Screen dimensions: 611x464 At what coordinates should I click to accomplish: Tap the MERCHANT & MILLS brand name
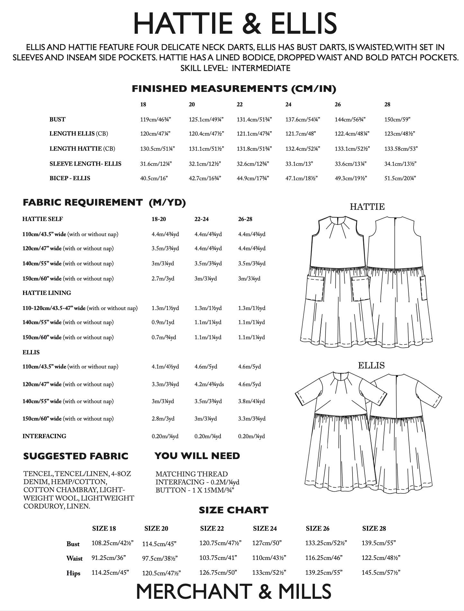coord(234,591)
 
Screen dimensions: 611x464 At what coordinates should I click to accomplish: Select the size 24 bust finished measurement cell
coord(302,120)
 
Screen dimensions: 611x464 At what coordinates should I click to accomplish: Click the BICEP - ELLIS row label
coord(70,178)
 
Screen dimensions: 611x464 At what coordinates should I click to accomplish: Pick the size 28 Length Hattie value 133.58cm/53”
coord(401,149)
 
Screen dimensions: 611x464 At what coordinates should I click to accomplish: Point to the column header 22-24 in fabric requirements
coord(201,219)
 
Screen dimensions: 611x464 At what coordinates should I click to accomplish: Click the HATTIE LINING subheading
coord(47,293)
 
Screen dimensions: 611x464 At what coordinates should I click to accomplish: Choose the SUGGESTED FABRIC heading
coord(76,456)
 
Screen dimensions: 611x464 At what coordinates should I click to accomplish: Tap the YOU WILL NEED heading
coord(197,456)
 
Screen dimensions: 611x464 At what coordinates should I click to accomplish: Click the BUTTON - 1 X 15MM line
coord(195,490)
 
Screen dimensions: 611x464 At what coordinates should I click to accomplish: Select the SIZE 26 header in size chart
coord(317,528)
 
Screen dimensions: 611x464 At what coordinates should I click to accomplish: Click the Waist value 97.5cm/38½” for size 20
coord(160,559)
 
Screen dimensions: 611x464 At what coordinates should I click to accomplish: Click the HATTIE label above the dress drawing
coord(367,207)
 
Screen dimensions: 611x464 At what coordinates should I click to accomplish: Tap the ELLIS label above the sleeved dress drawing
coord(371,366)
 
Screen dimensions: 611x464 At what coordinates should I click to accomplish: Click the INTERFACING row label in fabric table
coord(44,436)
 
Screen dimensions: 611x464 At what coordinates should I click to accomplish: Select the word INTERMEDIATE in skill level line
coord(261,68)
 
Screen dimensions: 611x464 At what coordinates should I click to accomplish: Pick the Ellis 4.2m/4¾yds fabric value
coord(209,384)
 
